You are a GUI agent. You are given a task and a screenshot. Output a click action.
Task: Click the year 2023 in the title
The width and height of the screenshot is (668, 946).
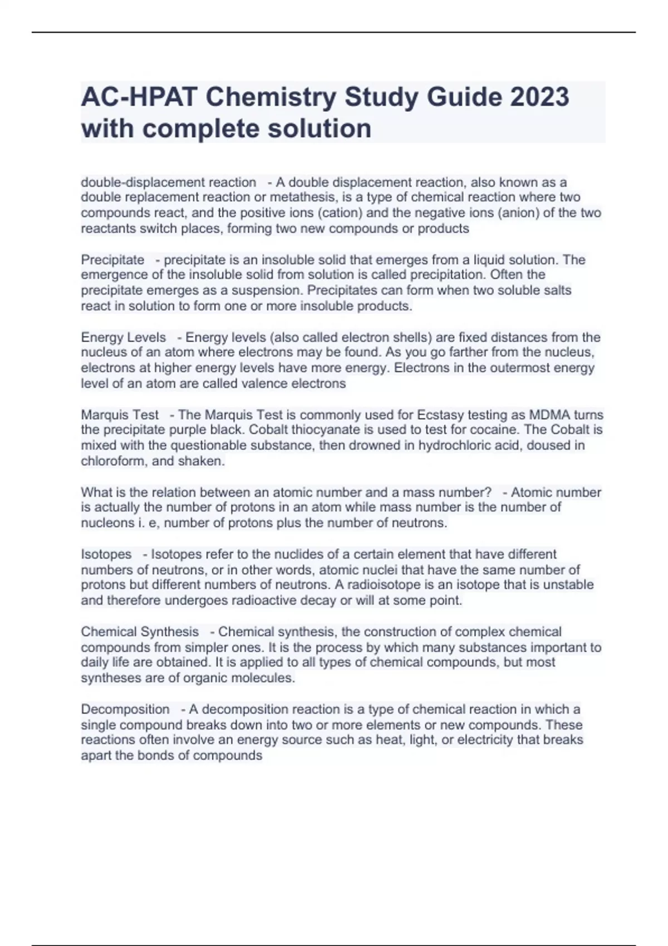tap(538, 97)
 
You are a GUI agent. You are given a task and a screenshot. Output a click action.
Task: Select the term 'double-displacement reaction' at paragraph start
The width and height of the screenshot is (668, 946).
tap(168, 183)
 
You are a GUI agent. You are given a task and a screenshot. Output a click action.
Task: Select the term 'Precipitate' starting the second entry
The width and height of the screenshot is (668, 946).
tap(112, 260)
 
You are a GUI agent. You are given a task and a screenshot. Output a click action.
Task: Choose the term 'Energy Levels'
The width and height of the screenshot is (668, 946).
tap(123, 337)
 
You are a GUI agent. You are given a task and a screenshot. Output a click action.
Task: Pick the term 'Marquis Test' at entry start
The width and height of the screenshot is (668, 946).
tap(120, 415)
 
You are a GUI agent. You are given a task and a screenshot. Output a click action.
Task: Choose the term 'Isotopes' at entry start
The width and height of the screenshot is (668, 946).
tap(106, 554)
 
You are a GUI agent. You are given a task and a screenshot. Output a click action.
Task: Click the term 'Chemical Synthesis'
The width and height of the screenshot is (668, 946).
tap(140, 632)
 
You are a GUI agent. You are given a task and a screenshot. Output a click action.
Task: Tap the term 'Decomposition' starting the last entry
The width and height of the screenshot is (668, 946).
tap(125, 709)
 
